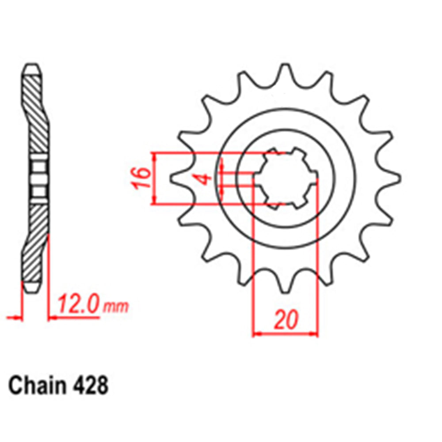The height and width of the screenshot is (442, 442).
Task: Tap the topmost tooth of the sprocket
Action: click(285, 71)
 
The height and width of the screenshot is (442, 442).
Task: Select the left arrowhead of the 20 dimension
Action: click(255, 334)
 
